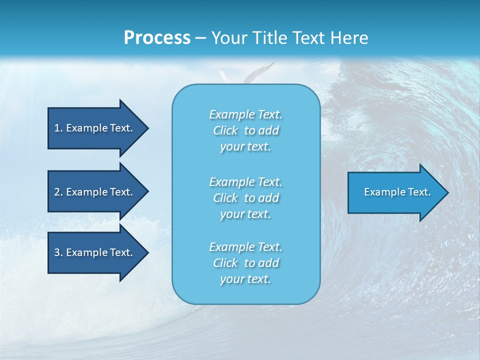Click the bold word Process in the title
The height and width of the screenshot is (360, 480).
coord(157,38)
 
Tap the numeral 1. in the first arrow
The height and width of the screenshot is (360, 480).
coord(58,128)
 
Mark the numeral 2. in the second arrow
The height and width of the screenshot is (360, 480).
coord(58,192)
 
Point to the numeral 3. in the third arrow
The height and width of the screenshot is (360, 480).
coord(58,252)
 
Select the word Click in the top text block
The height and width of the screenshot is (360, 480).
coord(225,130)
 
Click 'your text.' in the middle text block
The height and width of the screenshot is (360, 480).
coord(245,214)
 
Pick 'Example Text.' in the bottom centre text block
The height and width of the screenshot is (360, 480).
coord(245,247)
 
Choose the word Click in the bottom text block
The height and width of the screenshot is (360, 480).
coord(225,263)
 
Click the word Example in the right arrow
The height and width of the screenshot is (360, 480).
coord(381,192)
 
